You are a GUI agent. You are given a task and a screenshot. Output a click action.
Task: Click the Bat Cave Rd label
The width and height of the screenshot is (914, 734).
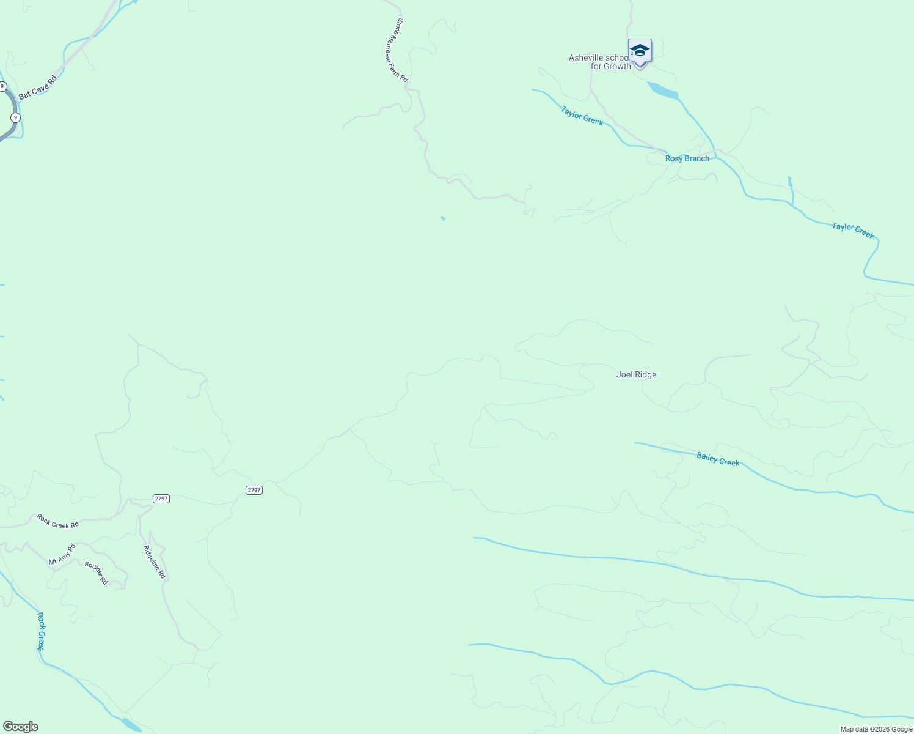click(37, 87)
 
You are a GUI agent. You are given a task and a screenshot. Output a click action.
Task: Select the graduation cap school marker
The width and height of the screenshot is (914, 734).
click(640, 51)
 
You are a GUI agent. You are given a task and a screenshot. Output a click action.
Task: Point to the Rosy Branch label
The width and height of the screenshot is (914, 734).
click(687, 158)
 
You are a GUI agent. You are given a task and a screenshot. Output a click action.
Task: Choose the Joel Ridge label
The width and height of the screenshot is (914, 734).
click(636, 374)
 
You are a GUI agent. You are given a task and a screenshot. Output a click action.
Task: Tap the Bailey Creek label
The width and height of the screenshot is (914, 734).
click(718, 459)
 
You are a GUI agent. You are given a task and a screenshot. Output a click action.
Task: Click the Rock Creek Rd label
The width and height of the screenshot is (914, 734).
click(57, 521)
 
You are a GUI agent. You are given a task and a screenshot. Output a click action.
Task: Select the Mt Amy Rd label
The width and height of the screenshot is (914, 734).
click(62, 554)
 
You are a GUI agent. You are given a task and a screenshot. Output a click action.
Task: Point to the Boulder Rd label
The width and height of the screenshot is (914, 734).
click(97, 573)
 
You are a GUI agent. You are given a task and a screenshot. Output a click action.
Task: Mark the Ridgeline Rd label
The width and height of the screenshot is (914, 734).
click(155, 562)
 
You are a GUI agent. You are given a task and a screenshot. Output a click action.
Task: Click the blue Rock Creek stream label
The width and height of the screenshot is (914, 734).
click(41, 631)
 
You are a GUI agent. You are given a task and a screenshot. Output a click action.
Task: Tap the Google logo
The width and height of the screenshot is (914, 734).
click(20, 727)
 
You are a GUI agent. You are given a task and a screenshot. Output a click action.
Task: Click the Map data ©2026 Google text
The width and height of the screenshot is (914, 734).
click(876, 729)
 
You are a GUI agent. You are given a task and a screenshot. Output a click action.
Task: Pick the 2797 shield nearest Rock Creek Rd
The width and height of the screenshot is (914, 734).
click(161, 499)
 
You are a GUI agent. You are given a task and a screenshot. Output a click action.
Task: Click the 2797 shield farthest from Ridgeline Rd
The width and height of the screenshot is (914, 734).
click(254, 490)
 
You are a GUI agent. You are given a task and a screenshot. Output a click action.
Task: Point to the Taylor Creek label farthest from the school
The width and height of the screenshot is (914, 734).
click(853, 231)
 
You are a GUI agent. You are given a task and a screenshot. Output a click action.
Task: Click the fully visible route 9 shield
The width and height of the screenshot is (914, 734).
click(16, 117)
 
